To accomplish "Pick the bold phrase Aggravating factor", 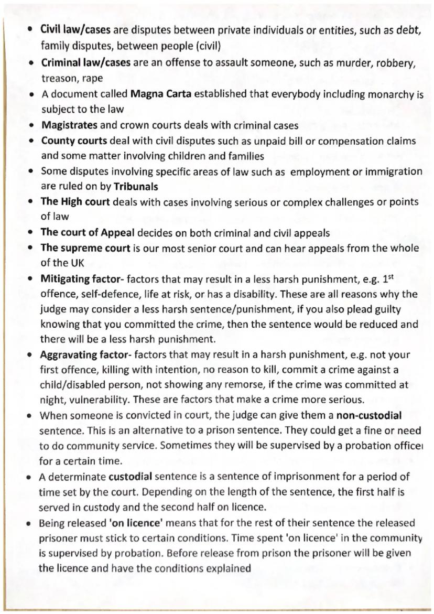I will point(85,355).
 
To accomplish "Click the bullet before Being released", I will point(30,523).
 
